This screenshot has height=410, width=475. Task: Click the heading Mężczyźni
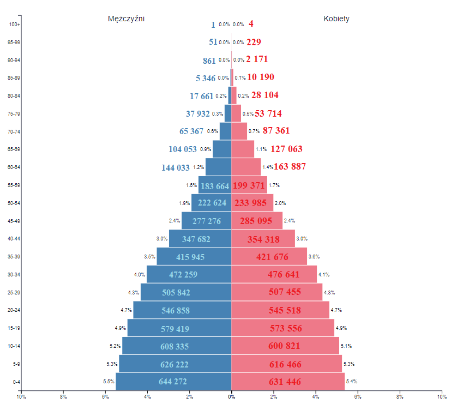point(126,19)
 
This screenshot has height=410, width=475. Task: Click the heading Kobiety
point(336,19)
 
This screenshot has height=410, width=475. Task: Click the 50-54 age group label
point(14,203)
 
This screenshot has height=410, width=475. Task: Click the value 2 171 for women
point(257,59)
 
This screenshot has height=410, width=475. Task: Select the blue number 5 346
point(206,79)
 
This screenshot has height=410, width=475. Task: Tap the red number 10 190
point(261,77)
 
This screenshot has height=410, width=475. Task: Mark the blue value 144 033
point(176,168)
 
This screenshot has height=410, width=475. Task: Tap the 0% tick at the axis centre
point(231,396)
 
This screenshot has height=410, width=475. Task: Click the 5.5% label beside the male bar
point(108,382)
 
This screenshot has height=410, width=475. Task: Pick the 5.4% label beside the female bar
point(352,382)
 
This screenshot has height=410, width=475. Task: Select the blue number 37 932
point(198,114)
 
